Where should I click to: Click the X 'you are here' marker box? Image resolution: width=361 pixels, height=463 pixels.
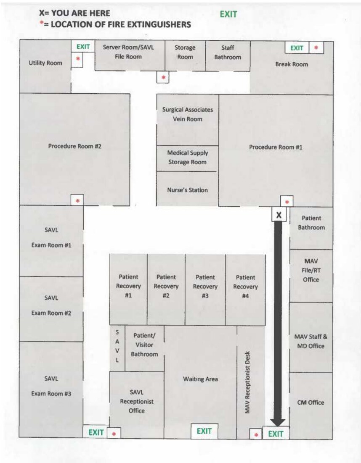point(279,214)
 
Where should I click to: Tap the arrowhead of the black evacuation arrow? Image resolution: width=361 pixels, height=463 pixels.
point(278,423)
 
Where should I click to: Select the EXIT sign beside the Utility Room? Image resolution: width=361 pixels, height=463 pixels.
point(83,47)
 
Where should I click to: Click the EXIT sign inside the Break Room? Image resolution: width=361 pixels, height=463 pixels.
point(297,48)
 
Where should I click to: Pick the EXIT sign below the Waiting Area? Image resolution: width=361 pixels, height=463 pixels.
point(204,431)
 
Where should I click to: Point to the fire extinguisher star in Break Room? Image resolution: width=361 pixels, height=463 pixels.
point(316,47)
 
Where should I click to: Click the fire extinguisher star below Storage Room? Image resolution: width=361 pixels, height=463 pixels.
point(163,77)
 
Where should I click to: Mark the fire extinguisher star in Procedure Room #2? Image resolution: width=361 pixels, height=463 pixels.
point(77,201)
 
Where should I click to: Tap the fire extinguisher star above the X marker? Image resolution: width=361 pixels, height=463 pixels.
point(287,202)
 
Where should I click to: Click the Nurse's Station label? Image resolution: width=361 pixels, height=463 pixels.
point(188,190)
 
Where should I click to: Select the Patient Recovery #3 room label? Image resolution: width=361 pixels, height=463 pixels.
point(205,287)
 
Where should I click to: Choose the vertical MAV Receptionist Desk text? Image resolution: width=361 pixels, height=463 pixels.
point(247,382)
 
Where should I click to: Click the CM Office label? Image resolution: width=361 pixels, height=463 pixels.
point(311,402)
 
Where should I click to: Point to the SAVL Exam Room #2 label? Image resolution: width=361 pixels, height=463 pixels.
point(51,305)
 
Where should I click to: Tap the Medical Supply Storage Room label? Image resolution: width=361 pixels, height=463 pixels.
point(188,158)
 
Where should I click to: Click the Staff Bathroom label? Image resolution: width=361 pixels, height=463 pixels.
point(228,52)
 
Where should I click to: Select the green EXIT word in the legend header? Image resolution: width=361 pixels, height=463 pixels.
point(228,14)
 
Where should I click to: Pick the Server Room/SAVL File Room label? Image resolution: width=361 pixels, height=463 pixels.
point(128,52)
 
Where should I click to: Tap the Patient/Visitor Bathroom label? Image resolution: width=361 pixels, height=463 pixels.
point(144,345)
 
